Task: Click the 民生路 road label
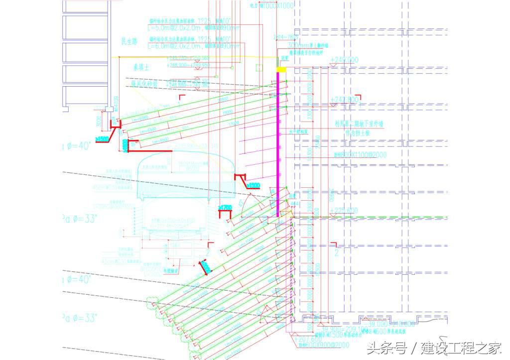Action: pyautogui.click(x=129, y=41)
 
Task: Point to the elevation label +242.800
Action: pyautogui.click(x=344, y=100)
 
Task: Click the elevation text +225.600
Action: pyautogui.click(x=344, y=211)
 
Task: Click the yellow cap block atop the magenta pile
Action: pyautogui.click(x=281, y=70)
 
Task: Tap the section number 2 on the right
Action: pyautogui.click(x=336, y=253)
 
